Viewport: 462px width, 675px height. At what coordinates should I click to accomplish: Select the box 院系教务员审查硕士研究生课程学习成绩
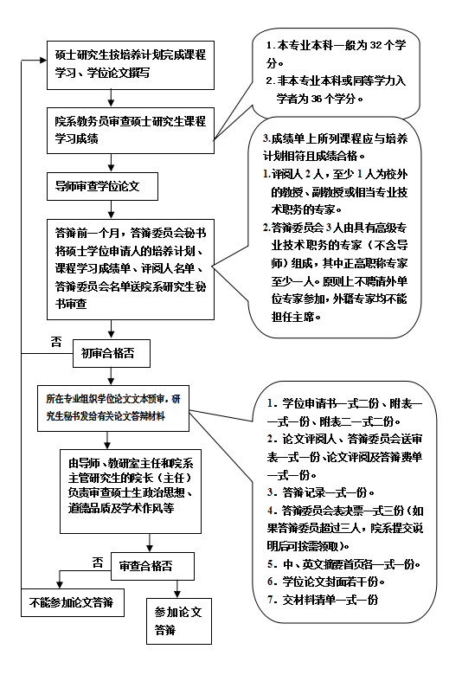pyautogui.click(x=129, y=127)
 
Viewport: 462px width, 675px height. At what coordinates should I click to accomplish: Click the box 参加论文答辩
pyautogui.click(x=176, y=620)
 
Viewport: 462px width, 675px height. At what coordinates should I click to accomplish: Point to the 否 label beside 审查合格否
pyautogui.click(x=97, y=562)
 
